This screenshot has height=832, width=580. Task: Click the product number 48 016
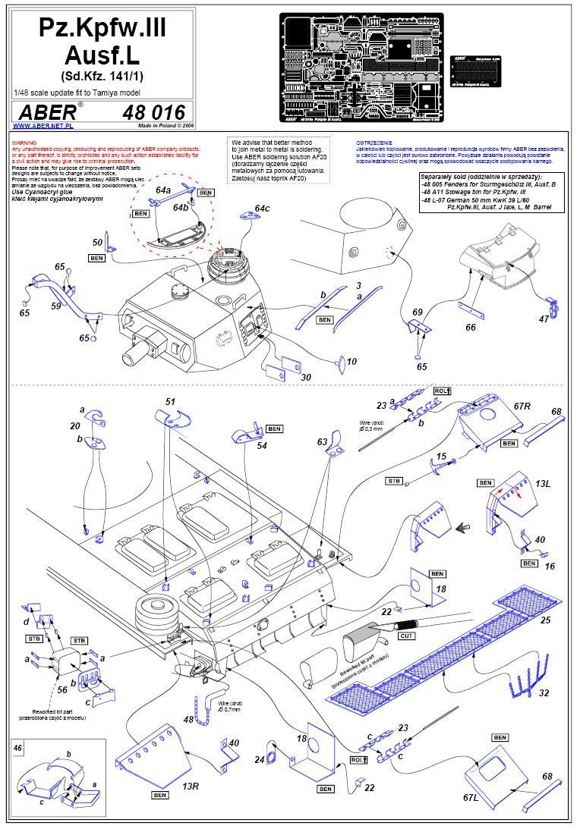click(154, 111)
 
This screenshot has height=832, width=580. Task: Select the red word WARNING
click(24, 141)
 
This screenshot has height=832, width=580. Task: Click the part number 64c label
click(262, 208)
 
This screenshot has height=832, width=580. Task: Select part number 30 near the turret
click(305, 377)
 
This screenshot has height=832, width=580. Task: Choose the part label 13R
click(191, 786)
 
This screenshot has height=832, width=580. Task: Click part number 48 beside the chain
click(188, 719)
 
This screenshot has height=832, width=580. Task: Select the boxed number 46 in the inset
click(18, 747)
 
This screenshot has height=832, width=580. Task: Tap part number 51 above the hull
click(170, 400)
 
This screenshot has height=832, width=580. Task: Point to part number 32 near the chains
click(544, 693)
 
